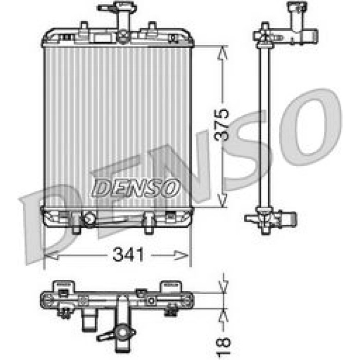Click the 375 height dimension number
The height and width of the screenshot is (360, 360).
click(x=222, y=124)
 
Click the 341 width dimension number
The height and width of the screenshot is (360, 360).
click(x=129, y=255)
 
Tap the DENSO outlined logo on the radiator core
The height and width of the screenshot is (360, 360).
click(x=136, y=188)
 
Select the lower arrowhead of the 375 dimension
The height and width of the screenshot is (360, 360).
click(x=222, y=200)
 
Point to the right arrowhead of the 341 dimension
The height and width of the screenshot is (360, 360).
click(x=182, y=255)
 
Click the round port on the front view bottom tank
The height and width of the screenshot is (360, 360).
click(x=89, y=219)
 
